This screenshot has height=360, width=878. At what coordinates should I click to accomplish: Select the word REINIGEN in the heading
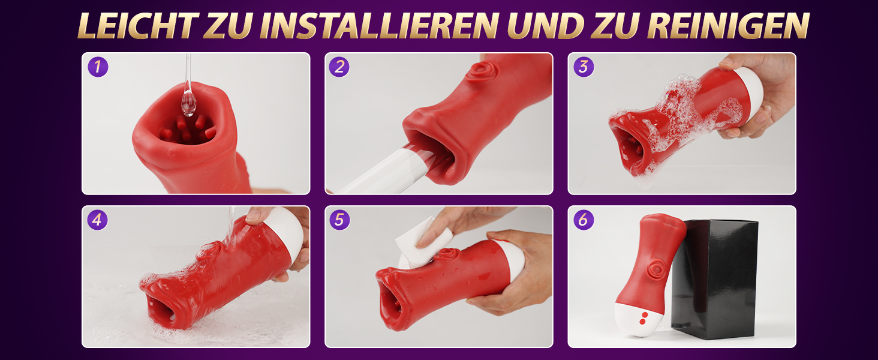[728, 25]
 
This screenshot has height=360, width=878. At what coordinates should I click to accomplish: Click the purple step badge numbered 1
[98, 67]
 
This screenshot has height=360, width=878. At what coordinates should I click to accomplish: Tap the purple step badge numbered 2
[339, 67]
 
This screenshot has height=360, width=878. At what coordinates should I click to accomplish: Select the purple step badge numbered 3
[584, 67]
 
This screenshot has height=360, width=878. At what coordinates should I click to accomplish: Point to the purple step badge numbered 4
[97, 220]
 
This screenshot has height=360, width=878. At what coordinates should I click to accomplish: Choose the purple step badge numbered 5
[339, 220]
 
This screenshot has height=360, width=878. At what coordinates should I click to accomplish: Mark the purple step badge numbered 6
[584, 220]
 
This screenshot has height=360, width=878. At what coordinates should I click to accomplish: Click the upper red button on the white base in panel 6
[645, 314]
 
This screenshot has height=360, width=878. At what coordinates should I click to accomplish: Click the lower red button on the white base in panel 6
[642, 322]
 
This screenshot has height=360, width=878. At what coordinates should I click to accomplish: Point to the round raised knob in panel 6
[656, 270]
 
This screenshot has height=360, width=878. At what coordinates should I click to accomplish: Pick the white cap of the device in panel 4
[288, 232]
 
